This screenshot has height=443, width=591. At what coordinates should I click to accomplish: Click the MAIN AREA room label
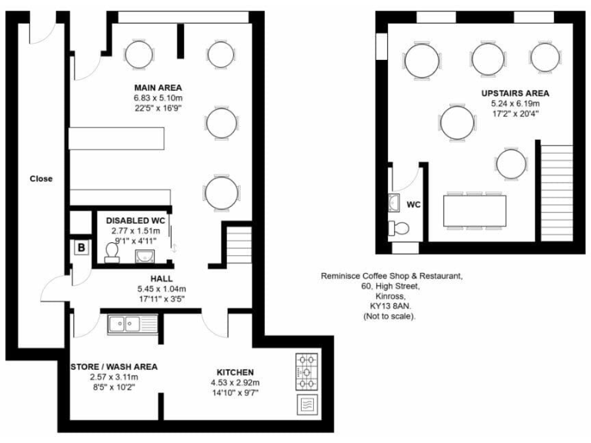(x=158, y=87)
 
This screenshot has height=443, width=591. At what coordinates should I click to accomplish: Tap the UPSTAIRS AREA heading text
(x=516, y=92)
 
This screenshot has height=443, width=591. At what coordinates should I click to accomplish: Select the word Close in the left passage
(x=41, y=178)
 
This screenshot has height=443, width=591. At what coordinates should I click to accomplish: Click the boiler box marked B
(x=80, y=248)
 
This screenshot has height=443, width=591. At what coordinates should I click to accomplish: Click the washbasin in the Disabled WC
(x=145, y=255)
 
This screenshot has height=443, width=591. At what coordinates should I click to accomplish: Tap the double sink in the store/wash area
(x=132, y=325)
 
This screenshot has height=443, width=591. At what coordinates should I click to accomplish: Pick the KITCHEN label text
(x=235, y=372)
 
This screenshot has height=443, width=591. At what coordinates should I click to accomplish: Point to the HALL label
(x=161, y=278)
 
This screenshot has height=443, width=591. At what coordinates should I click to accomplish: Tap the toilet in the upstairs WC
(x=399, y=228)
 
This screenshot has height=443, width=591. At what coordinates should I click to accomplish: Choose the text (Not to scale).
(x=392, y=316)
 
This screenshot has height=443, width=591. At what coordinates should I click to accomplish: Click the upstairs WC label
(x=413, y=205)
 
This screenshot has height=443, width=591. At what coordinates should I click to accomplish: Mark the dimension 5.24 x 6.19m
(x=516, y=103)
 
